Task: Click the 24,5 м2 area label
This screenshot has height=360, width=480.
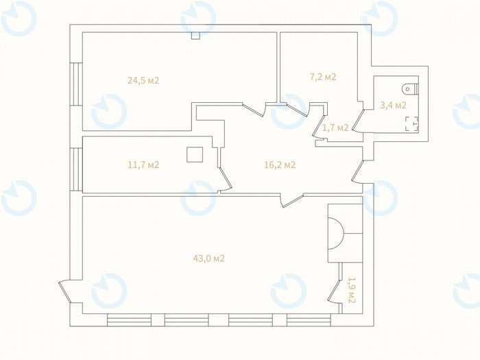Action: (143, 81)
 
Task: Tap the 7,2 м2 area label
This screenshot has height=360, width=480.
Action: (323, 77)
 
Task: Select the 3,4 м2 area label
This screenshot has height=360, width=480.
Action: (393, 106)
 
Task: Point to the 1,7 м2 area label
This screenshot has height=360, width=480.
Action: (335, 128)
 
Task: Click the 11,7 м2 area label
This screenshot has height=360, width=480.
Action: (143, 165)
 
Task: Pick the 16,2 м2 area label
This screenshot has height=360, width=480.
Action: (280, 165)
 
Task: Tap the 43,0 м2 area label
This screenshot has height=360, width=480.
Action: (208, 259)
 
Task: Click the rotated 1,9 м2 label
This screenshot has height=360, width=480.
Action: (352, 290)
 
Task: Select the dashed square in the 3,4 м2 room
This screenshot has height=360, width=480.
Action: (411, 123)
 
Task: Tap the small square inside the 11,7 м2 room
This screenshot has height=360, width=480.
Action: (195, 154)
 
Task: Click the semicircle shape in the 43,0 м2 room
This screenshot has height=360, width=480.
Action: (335, 233)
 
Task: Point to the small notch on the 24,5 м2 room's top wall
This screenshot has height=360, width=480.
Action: (195, 36)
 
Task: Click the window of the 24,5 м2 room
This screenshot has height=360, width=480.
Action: (76, 84)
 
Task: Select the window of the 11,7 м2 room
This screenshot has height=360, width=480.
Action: (76, 169)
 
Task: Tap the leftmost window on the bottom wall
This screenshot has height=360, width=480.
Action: (129, 320)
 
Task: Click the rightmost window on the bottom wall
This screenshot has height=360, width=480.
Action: (309, 320)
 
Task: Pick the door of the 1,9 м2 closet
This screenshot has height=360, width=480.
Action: (335, 291)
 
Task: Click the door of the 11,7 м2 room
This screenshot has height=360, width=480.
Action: (226, 180)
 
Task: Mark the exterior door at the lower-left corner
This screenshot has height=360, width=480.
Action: (65, 291)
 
